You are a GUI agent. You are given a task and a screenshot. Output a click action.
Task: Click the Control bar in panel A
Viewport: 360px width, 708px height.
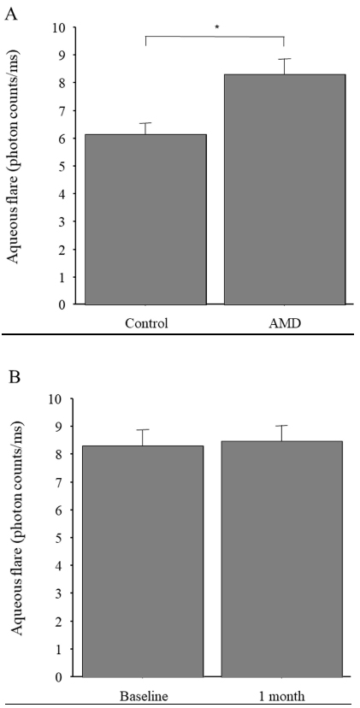click(145, 220)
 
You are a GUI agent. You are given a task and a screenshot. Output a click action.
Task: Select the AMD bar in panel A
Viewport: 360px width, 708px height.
click(285, 190)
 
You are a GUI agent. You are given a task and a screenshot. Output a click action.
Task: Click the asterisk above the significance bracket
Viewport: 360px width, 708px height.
click(217, 27)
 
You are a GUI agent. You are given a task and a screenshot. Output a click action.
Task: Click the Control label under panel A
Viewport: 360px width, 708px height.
click(147, 323)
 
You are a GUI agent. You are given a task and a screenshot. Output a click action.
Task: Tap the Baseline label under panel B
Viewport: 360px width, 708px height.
click(145, 695)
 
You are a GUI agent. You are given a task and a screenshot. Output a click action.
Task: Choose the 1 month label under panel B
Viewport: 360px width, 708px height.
click(282, 695)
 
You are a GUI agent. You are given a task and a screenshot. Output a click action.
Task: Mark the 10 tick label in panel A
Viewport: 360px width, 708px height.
click(60, 27)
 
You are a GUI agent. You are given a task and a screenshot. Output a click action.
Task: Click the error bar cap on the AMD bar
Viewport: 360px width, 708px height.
click(285, 59)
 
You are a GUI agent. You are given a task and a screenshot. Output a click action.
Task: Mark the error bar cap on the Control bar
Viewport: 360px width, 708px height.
click(145, 123)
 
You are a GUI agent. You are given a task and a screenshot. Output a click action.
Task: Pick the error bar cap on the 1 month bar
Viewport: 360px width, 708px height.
click(281, 425)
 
